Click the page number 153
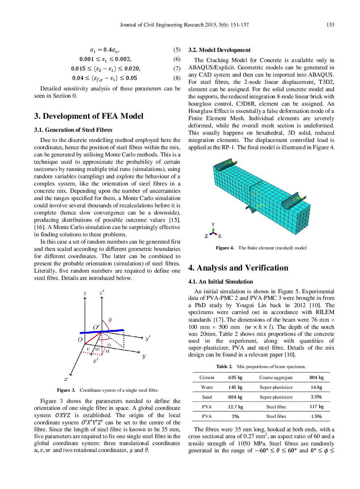pos(330,25)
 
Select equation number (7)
pos(177,69)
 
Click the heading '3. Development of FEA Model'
pos(89,116)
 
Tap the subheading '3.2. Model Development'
pos(219,50)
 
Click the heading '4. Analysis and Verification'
pos(238,268)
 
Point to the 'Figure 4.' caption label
pos(225,248)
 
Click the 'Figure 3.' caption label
pos(66,390)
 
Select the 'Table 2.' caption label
pos(224,367)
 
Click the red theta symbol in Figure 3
pos(110,320)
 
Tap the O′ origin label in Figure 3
pos(96,327)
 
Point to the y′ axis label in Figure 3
pos(147,338)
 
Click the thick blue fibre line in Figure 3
pos(102,331)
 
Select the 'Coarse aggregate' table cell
pos(276,378)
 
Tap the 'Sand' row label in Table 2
pos(207,397)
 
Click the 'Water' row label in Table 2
pos(207,387)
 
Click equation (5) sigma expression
pos(105,50)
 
